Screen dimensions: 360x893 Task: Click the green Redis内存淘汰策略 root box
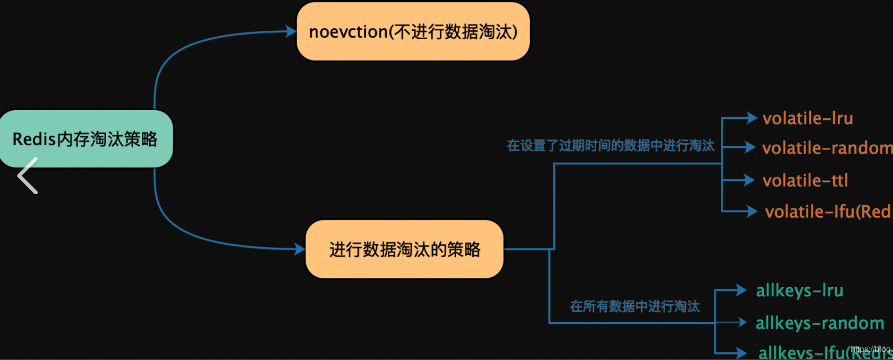(x=86, y=139)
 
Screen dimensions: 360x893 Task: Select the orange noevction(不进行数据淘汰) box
(x=413, y=32)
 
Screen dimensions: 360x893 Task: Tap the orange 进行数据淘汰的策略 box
(x=404, y=249)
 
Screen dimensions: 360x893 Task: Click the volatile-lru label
(x=807, y=118)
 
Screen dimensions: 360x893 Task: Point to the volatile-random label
(x=826, y=148)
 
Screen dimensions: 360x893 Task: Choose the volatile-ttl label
(x=805, y=180)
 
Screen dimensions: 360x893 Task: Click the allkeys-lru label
(x=800, y=291)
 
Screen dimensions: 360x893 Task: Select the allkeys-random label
(x=820, y=323)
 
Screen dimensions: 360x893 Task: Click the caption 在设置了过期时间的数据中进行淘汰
(x=610, y=145)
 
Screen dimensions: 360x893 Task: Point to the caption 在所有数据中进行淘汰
(x=635, y=306)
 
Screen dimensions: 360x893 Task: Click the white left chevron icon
(x=28, y=176)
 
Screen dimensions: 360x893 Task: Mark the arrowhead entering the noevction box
(x=291, y=32)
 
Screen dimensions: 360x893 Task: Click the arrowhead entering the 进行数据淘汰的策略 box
(x=300, y=249)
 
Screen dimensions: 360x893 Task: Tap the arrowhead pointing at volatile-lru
(x=752, y=118)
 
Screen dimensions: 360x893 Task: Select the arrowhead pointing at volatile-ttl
(x=749, y=180)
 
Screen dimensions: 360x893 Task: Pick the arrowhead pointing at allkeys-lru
(x=741, y=291)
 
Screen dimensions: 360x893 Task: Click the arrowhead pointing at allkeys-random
(x=742, y=322)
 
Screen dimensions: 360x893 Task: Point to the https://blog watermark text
(x=871, y=349)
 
